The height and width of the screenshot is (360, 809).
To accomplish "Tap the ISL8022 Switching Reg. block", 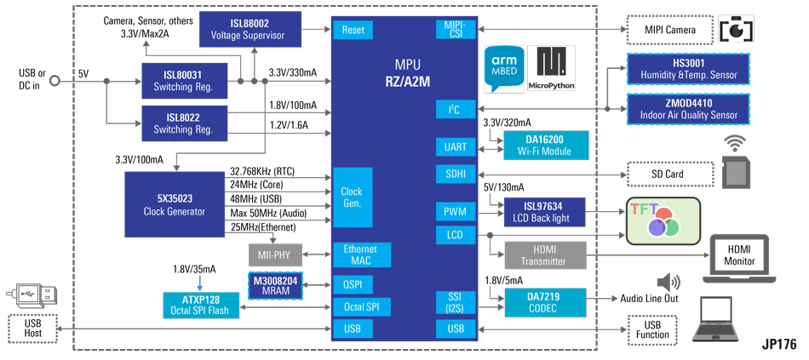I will (183, 124).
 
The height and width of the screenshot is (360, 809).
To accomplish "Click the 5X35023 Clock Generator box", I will (175, 205).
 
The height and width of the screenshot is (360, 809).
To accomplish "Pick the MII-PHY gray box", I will (275, 254).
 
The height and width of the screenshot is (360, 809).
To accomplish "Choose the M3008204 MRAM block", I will (276, 285).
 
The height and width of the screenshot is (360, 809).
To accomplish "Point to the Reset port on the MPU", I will (353, 30).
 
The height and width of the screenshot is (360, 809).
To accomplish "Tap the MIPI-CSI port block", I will (456, 29).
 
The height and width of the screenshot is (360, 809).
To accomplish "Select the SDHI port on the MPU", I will (456, 174).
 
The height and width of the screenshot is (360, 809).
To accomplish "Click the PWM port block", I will (456, 211).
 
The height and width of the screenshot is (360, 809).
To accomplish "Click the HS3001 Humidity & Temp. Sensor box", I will (687, 69).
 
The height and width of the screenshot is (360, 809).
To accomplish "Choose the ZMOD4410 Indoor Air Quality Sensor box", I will (687, 109).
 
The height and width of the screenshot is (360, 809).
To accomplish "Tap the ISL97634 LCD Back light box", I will (543, 211).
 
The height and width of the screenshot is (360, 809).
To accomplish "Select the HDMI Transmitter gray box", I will (544, 254).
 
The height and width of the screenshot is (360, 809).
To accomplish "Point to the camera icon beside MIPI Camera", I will (737, 29).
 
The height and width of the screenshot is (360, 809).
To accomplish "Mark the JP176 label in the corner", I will (779, 345).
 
